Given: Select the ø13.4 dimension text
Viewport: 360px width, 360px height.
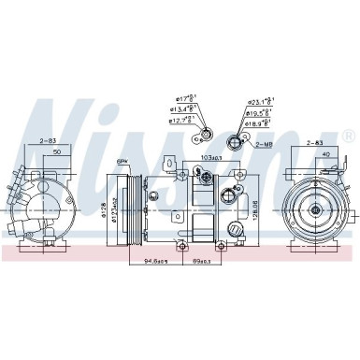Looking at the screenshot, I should coord(183,108).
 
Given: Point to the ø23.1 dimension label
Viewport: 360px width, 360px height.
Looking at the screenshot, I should coord(257,102).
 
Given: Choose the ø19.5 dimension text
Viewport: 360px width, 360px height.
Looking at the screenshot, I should coord(257,112).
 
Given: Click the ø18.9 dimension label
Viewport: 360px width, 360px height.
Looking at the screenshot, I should coord(257,122).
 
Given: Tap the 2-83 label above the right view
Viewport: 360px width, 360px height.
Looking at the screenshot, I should coord(316,142).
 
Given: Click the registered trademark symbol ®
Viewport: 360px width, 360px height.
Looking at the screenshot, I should coord(348,135).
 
